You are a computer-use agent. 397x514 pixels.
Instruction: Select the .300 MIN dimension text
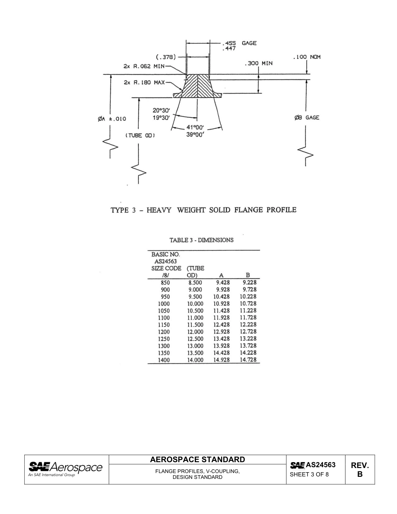258,63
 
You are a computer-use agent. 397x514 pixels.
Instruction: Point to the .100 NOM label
307,57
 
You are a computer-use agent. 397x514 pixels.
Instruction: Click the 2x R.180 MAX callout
144,82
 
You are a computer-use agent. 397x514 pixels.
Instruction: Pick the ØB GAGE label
307,117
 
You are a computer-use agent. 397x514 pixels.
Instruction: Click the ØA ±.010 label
112,119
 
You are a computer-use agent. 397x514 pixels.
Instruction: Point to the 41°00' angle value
195,127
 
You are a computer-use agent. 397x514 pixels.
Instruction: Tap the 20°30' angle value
161,110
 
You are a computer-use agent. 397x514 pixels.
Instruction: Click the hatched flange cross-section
198,86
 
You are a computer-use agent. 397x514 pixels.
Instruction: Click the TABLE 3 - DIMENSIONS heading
201,240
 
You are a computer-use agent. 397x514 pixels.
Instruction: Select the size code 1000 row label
164,304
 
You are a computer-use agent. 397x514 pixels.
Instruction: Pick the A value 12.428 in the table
221,325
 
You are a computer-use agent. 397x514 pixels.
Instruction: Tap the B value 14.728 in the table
248,360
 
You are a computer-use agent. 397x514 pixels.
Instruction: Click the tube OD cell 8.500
195,283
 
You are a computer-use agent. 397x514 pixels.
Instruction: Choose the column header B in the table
248,275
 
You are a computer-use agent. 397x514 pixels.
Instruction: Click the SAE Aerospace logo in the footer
65,469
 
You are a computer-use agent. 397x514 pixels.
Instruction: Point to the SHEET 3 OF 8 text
309,474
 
